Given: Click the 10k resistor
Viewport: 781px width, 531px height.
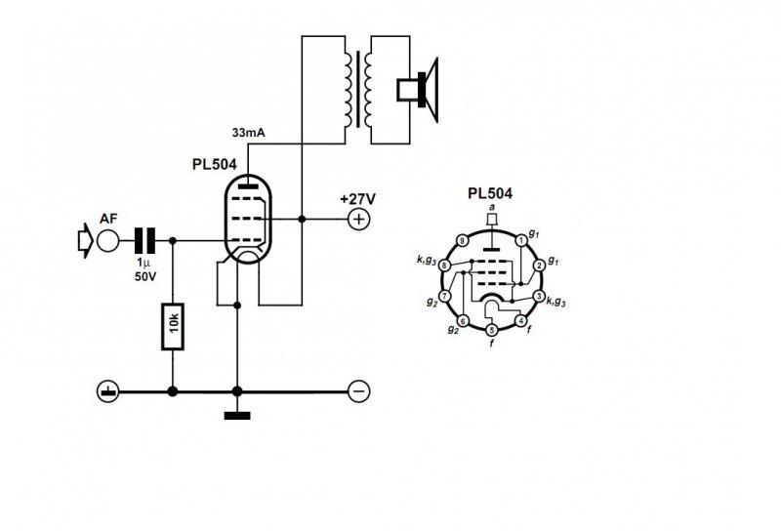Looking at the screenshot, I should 173,328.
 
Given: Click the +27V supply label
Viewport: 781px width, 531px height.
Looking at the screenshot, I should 358,198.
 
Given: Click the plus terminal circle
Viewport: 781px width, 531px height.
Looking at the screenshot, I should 359,219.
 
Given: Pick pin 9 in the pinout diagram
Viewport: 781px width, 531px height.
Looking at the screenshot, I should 462,240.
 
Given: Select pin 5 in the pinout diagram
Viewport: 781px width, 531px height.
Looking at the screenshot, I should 491,330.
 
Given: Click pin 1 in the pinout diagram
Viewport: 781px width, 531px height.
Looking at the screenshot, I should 521,240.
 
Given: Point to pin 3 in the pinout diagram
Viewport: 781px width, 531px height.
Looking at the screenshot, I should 538,296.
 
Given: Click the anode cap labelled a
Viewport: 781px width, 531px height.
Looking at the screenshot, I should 492,221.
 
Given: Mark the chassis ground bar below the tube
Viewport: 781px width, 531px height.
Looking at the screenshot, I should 237,416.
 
